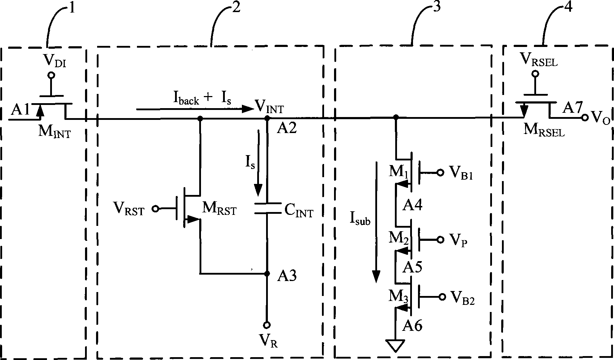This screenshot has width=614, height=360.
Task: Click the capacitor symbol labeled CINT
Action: pos(267,208)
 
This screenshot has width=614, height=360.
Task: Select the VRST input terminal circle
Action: pos(155,209)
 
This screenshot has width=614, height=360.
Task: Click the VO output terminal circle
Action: pos(584,118)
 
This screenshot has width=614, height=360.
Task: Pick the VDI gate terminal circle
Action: pos(51,75)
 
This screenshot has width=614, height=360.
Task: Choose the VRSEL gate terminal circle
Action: pos(534,74)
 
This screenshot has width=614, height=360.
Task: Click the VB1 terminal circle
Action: pos(440,173)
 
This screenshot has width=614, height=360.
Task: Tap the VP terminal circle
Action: pos(440,240)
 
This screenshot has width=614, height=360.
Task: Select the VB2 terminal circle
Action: pos(442,297)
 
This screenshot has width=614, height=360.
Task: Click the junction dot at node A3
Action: pos(267,274)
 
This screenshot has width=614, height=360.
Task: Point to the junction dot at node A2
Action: pos(267,118)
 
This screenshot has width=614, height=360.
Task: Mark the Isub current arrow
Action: pos(376,221)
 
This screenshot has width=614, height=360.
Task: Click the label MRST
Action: pos(219,209)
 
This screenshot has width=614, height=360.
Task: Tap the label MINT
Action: pos(54,132)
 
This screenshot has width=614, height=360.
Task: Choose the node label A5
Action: pos(412,267)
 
